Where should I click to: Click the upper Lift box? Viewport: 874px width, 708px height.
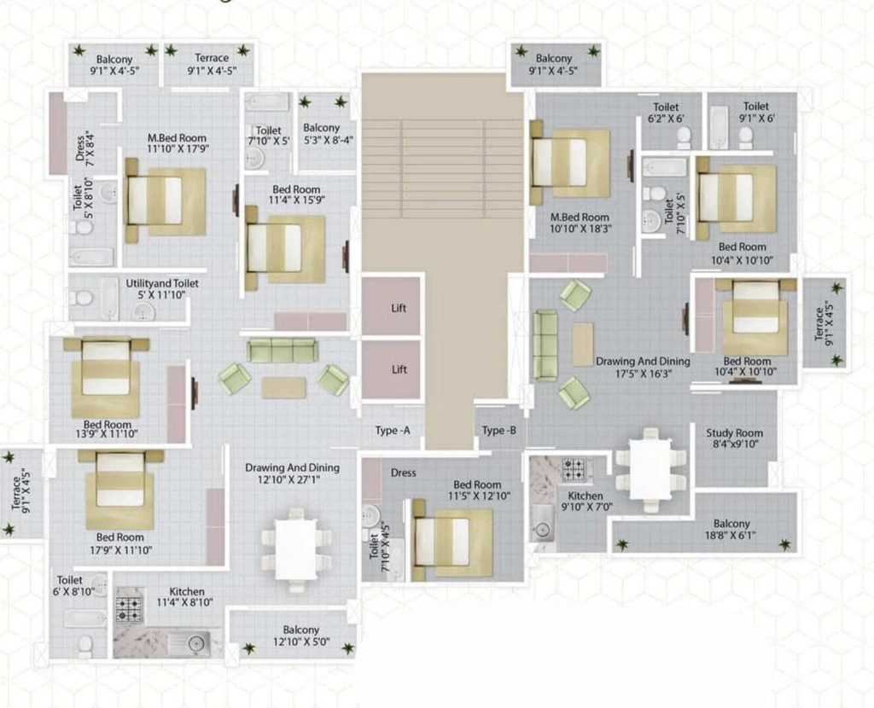point(391,306)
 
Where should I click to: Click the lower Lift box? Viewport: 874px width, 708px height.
point(391,370)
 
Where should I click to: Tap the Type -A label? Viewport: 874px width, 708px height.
point(393,431)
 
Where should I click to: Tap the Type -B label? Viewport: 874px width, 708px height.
point(498,431)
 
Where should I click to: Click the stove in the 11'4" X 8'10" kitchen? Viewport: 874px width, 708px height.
point(130,609)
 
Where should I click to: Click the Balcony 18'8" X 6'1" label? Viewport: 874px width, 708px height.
point(731,530)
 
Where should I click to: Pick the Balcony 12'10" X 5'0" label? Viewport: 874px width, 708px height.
point(301,635)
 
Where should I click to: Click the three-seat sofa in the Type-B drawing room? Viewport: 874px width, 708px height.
point(545,345)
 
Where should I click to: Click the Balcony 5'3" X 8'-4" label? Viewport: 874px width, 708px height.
point(329,134)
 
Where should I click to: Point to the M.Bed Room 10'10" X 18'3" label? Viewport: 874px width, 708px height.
point(580,223)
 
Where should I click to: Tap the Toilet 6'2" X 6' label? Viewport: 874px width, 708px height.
point(666,113)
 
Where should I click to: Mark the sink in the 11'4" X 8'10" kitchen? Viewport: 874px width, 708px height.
point(190,643)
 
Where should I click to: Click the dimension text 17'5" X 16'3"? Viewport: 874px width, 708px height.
point(644,374)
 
